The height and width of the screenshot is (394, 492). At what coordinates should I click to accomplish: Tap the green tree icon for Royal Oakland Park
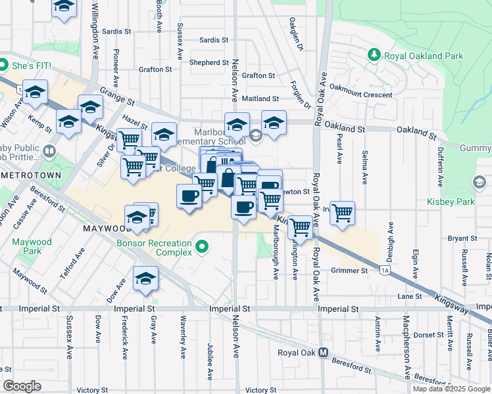tap(374, 53)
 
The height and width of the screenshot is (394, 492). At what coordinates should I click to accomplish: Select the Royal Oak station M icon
tap(323, 352)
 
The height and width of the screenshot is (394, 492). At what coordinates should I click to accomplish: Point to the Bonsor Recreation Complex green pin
tap(203, 248)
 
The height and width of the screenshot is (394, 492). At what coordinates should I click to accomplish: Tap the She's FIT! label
tap(30, 66)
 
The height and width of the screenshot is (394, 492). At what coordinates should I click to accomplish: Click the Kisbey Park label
tap(451, 201)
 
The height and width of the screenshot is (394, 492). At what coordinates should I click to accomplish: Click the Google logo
tap(22, 386)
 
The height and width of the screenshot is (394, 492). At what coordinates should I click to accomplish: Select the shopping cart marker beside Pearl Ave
tap(342, 213)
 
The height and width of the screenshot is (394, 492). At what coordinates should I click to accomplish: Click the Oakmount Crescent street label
tap(360, 95)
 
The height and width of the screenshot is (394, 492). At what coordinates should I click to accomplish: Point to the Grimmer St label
tap(350, 271)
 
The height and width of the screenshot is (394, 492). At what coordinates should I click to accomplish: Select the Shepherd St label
tap(209, 62)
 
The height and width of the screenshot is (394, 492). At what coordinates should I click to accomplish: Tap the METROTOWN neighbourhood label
tap(30, 175)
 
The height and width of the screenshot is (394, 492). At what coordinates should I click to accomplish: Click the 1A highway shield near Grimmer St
tap(385, 270)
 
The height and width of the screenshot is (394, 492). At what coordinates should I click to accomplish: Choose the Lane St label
tap(409, 297)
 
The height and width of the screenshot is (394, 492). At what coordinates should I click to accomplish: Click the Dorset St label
tap(429, 335)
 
